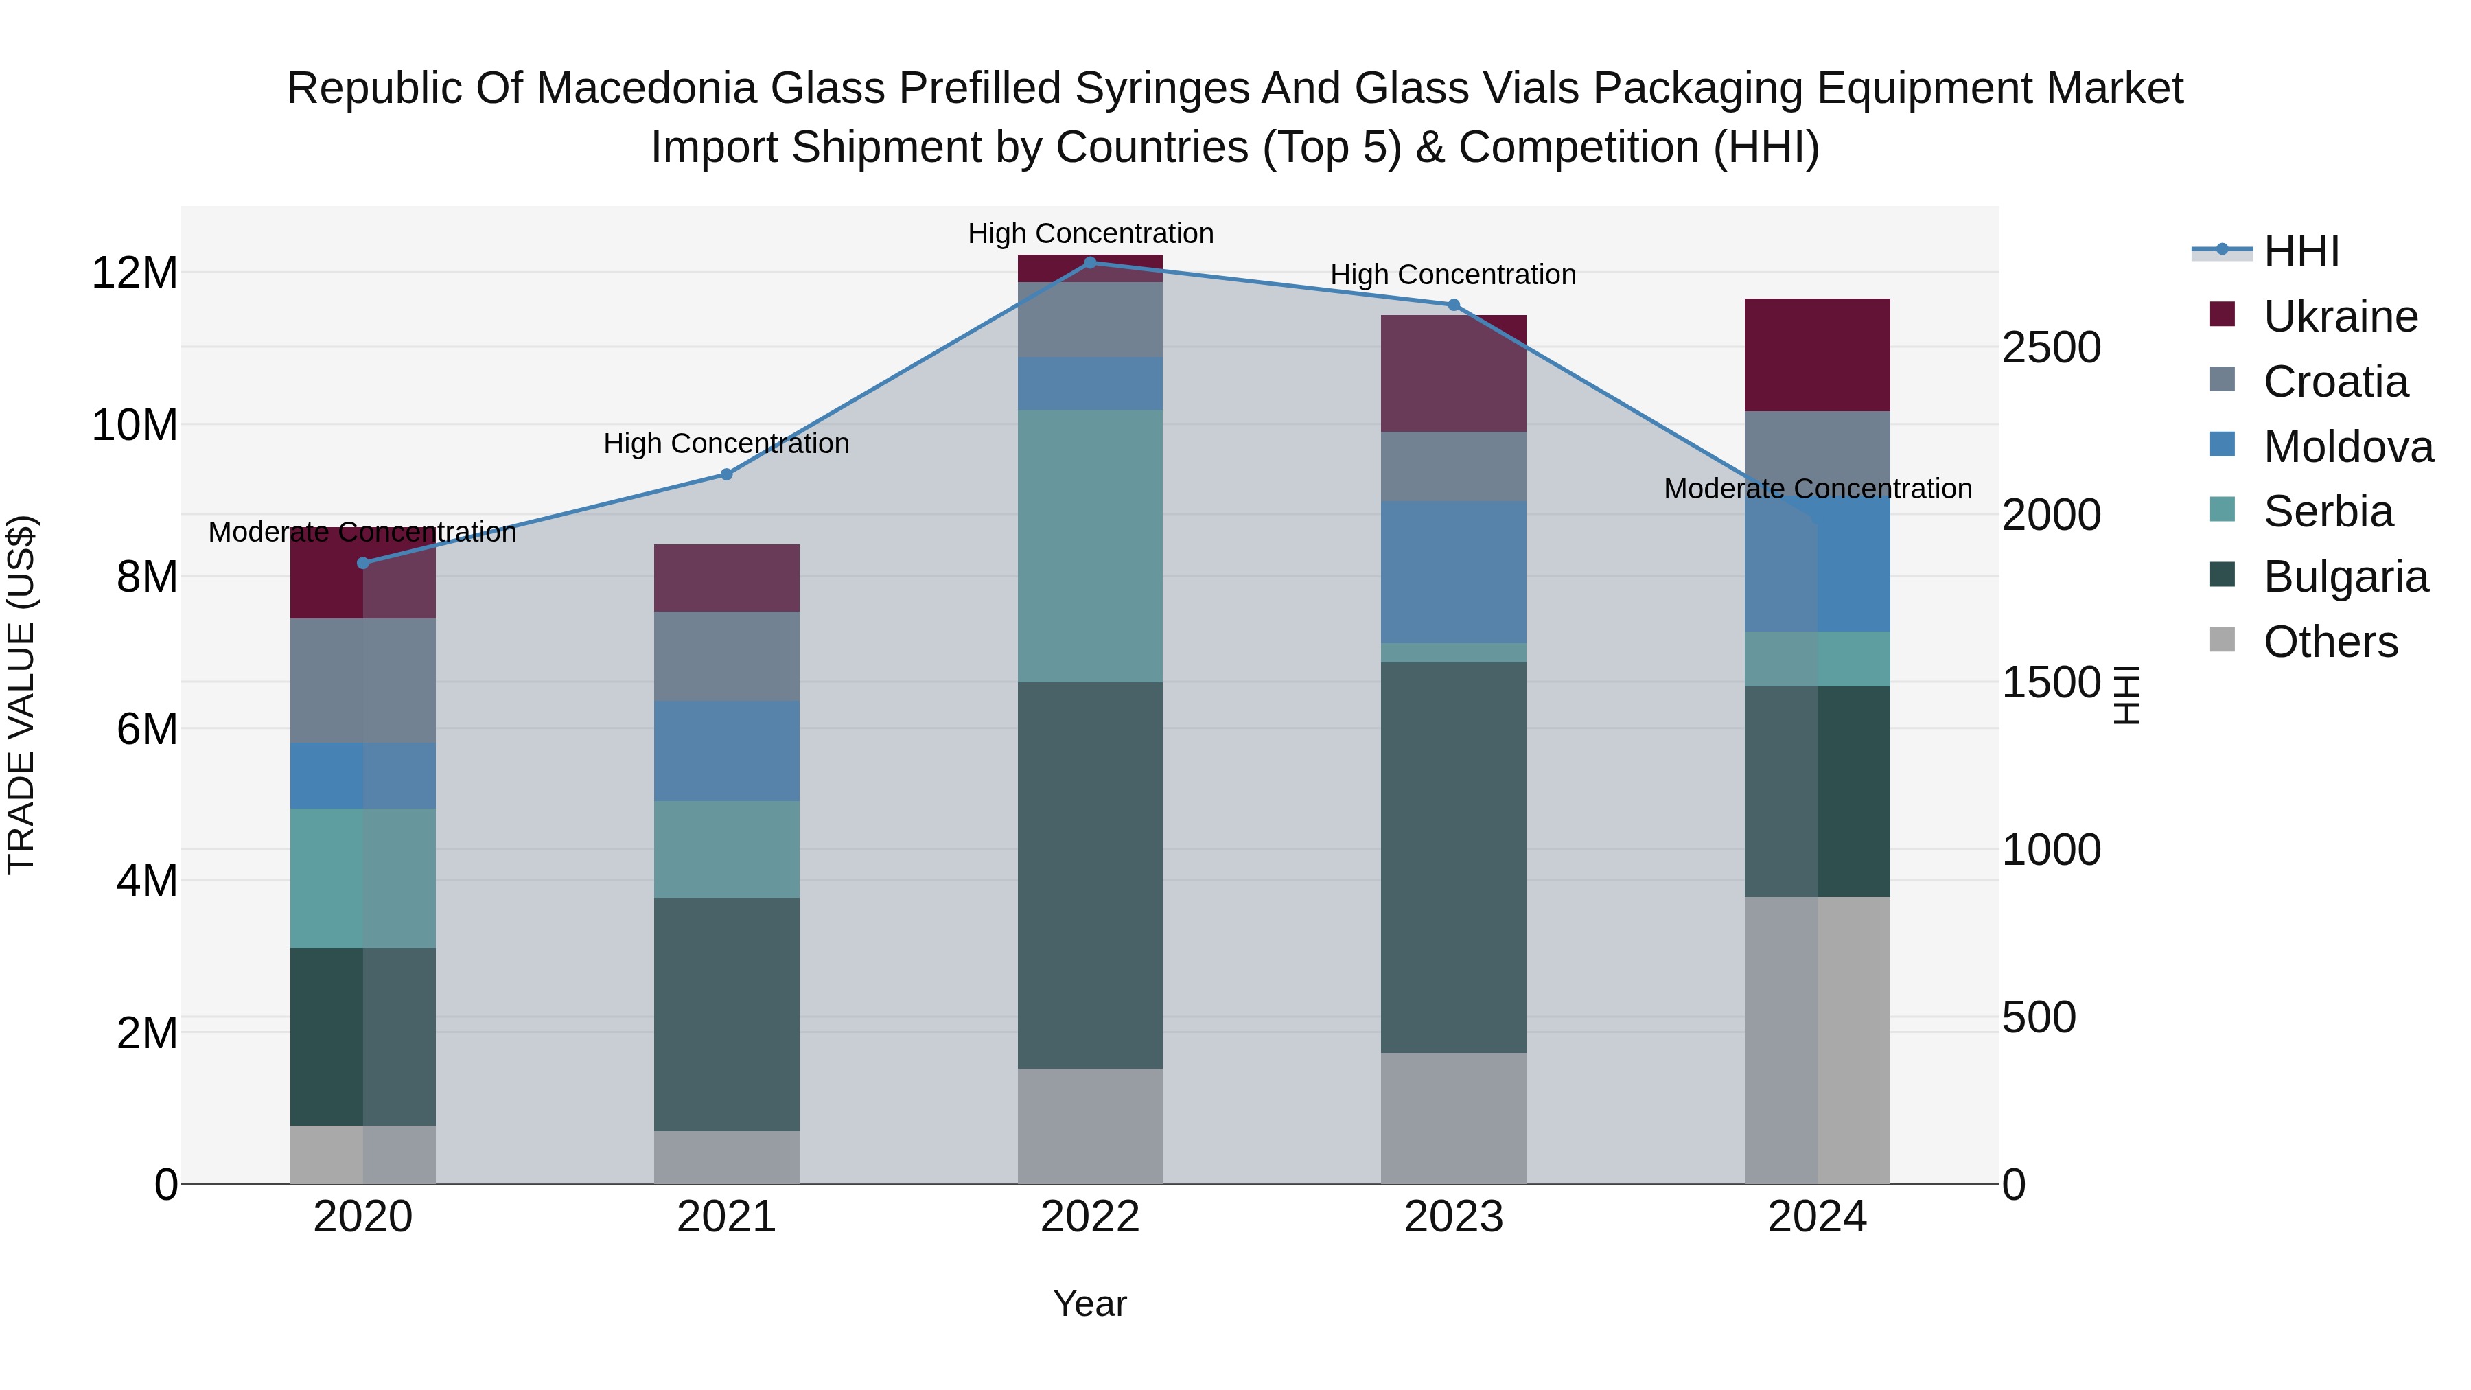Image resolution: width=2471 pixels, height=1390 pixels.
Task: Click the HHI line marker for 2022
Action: (x=1090, y=262)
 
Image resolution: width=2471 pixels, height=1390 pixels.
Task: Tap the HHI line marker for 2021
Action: (x=726, y=474)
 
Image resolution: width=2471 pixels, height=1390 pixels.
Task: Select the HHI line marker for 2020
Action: (x=362, y=563)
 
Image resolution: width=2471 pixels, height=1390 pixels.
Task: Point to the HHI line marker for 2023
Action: (x=1453, y=305)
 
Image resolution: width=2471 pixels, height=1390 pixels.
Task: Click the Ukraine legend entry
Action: (x=2340, y=316)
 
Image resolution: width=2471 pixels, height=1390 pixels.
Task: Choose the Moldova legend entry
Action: (x=2347, y=447)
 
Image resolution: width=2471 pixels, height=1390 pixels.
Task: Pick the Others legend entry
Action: (x=2330, y=642)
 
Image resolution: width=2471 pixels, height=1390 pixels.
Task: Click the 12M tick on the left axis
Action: (x=135, y=273)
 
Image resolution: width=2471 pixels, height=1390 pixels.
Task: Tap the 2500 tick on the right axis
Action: (x=2051, y=347)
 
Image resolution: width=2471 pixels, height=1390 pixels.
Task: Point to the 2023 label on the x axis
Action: (x=1453, y=1217)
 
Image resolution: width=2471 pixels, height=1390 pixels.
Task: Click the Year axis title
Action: (x=1090, y=1304)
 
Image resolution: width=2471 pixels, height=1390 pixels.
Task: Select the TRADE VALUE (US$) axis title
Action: (x=21, y=695)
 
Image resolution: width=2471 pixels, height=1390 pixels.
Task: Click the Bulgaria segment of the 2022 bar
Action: (x=1090, y=875)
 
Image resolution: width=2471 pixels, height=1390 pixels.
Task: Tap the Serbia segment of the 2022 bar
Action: (x=1090, y=546)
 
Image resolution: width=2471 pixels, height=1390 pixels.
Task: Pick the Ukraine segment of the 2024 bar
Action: (x=1817, y=355)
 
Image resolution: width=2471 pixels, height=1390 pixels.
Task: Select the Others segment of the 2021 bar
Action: (x=726, y=1157)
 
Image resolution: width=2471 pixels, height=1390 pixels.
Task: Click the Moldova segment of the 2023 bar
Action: (x=1453, y=572)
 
